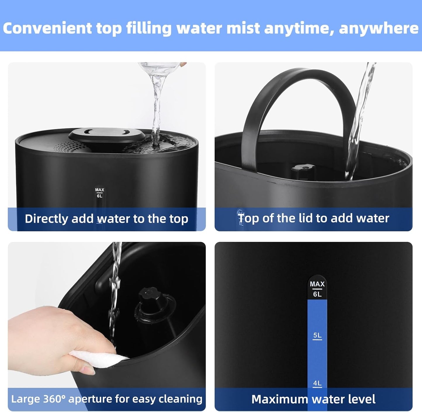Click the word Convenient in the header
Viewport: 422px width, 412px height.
[x=47, y=28]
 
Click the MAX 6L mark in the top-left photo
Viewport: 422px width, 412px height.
[x=100, y=193]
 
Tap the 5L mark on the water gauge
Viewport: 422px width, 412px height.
[x=317, y=335]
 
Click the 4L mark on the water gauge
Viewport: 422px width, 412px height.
[x=317, y=383]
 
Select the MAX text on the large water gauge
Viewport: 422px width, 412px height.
[x=317, y=284]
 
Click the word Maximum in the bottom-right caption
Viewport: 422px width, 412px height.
[x=279, y=399]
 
